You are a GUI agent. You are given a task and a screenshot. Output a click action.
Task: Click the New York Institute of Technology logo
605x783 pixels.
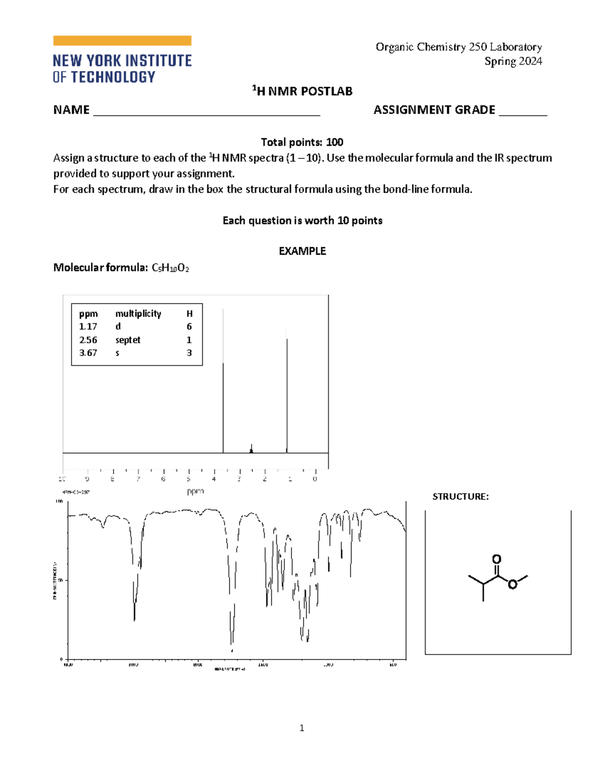tap(122, 59)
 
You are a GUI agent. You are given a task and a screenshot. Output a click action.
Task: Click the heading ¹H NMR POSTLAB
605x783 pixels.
tap(302, 91)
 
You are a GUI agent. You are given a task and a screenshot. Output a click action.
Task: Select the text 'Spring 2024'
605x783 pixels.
tap(513, 62)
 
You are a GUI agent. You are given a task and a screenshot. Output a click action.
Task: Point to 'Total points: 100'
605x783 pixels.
tap(302, 142)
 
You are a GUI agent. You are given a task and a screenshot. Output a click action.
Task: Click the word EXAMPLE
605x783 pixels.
tap(302, 251)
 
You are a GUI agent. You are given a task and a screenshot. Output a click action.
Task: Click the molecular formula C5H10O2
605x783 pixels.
tap(170, 268)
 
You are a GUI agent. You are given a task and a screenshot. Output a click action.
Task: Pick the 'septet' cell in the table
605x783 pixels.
tap(128, 340)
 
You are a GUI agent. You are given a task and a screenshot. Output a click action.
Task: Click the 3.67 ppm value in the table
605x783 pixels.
tap(88, 353)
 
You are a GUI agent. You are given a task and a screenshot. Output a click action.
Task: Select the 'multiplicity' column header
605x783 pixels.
tap(138, 314)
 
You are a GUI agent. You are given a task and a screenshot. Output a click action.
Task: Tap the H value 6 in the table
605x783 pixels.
tap(189, 327)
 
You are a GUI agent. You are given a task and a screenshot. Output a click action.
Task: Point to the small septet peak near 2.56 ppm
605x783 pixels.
tap(251, 449)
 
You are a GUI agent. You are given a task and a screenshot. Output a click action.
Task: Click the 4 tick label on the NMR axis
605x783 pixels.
tap(214, 479)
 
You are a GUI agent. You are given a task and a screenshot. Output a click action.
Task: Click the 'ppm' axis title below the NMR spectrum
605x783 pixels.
tap(195, 491)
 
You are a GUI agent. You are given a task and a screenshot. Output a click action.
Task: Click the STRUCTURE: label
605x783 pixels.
tap(460, 497)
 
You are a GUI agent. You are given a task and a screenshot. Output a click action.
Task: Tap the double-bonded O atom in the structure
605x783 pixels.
tap(497, 559)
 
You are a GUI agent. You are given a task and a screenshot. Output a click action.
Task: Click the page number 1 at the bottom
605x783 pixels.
tap(301, 728)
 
